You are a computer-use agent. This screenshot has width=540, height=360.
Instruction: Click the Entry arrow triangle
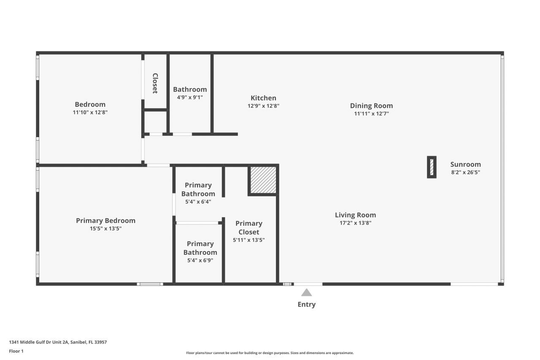pos(307,292)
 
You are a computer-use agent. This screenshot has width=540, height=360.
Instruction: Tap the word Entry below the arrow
pos(307,304)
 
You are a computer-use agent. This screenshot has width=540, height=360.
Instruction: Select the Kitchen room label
pos(263,98)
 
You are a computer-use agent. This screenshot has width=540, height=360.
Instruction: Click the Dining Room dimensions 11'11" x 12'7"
pos(371,114)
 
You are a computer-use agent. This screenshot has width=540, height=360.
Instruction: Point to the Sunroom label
pos(465,165)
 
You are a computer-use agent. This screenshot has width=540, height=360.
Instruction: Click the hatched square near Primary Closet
pos(263,179)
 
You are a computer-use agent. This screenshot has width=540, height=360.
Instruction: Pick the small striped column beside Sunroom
pos(432,167)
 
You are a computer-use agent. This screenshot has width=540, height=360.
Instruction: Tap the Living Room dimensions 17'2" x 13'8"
pos(355,223)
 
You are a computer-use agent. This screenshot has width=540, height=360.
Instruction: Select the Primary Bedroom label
pos(105,220)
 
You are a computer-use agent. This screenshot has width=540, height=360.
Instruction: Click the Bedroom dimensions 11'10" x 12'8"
pos(90,112)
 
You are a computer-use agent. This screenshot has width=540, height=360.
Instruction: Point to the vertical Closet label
pos(155,83)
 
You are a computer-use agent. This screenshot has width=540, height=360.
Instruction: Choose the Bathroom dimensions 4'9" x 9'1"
pos(190,97)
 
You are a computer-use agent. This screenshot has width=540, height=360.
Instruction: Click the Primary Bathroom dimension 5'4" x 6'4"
pos(198,202)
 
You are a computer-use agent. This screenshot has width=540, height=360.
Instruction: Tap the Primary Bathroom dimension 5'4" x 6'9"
pos(200,260)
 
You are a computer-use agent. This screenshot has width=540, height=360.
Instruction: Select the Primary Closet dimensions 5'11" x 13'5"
pos(249,240)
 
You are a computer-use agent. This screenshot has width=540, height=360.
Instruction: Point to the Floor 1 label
pos(16,351)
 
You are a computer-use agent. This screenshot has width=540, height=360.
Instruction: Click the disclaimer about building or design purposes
pos(270,353)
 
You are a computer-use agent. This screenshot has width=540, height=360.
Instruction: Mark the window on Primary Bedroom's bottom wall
pos(150,284)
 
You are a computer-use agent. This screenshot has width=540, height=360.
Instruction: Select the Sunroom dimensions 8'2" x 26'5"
pos(465,172)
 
